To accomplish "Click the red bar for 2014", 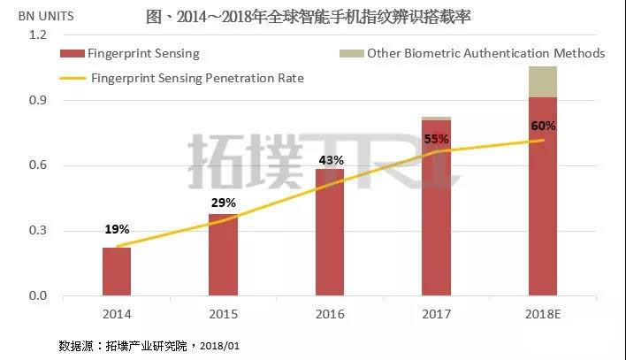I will [117, 272].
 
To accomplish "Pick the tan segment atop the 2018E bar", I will [542, 81].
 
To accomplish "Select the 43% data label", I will [330, 159].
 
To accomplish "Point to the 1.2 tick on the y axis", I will [36, 34].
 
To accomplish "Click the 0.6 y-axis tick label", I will [36, 165].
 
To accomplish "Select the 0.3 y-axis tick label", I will [36, 231].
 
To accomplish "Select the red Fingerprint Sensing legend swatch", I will [75, 54].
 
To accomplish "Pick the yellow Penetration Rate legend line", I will [75, 79].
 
